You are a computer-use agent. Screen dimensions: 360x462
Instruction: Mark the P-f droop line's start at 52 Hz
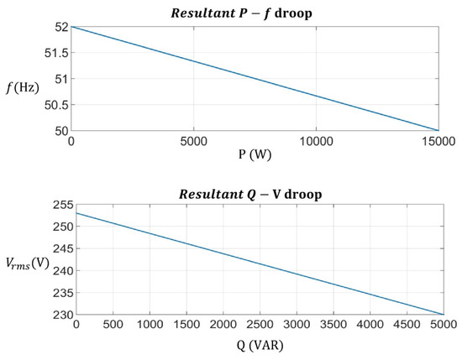tap(72, 27)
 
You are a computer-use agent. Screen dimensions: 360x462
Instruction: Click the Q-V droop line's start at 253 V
tap(76, 212)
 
